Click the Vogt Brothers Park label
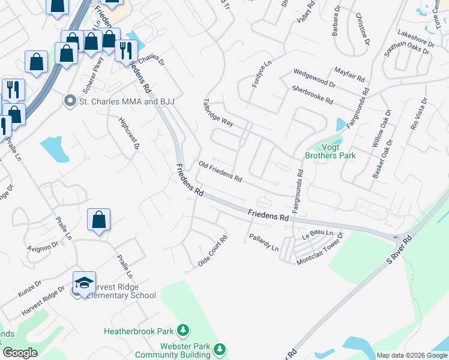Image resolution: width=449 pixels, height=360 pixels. pos(330,151)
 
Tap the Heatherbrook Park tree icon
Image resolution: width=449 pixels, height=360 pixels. pos(183,331)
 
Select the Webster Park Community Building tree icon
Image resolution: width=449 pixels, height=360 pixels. pos(220,349)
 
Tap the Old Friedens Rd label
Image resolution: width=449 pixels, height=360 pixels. pos(220,172)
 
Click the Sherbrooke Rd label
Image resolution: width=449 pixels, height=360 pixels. pos(312,95)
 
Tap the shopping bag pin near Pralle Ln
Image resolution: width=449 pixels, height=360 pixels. pos(98,220)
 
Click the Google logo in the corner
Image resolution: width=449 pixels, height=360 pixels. pos(20,352)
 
